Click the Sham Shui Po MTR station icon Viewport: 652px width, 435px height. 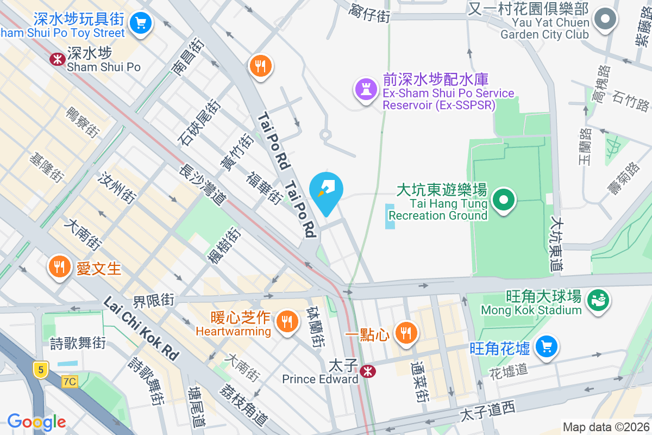click(x=57, y=59)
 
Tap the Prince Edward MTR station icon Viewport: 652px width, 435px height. click(x=368, y=371)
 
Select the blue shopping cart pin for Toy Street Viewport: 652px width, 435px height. click(x=141, y=23)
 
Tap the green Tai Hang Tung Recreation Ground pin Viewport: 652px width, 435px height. click(x=504, y=199)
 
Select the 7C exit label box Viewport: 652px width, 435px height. click(x=70, y=382)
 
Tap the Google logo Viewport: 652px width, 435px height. click(x=36, y=421)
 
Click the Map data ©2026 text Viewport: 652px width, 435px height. click(x=605, y=427)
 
